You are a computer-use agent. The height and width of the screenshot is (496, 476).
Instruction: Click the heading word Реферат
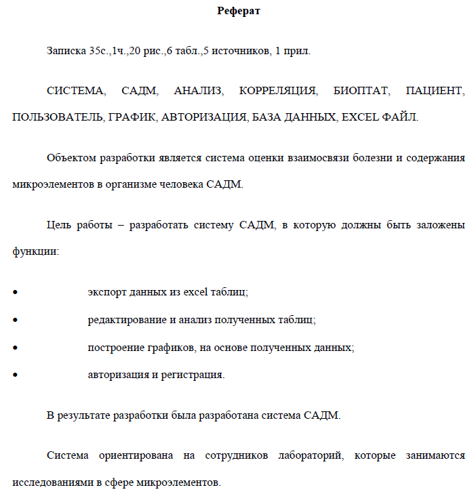[238, 10]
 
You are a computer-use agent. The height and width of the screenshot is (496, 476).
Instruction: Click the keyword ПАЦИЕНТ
[435, 91]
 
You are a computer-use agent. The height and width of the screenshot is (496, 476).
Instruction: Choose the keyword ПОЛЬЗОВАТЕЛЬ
[56, 117]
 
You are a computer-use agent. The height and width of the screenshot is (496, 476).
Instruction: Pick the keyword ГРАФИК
[131, 117]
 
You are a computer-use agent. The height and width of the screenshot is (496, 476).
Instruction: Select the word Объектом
[71, 158]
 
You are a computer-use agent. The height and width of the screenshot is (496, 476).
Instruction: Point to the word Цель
[59, 225]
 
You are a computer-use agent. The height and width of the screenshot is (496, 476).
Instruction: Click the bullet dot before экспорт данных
[15, 292]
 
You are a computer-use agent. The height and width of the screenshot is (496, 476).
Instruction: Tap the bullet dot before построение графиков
[15, 347]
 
